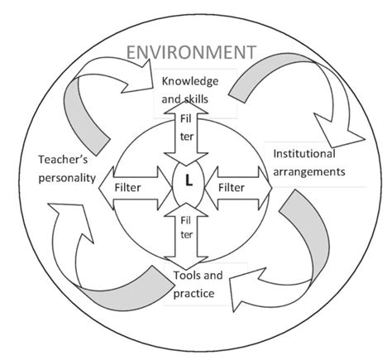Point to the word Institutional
pyautogui.click(x=304, y=154)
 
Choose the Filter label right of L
pyautogui.click(x=233, y=187)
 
